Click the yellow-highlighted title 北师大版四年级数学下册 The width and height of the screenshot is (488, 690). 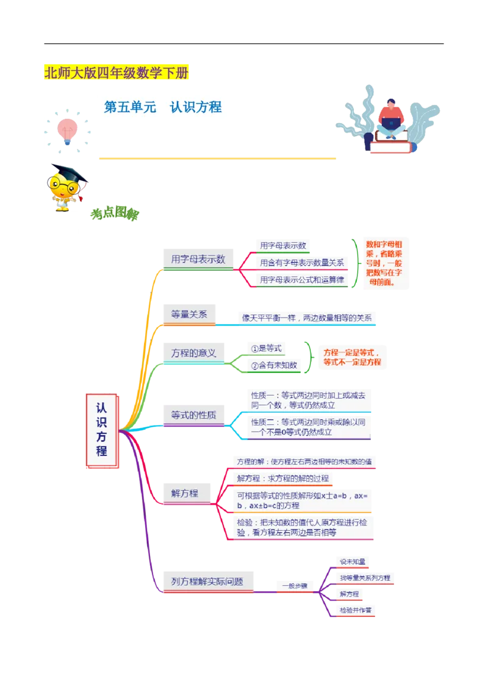click(117, 74)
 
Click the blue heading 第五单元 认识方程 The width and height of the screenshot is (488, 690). click(163, 108)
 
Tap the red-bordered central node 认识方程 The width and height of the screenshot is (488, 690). click(102, 431)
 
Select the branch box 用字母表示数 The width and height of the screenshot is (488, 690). click(198, 259)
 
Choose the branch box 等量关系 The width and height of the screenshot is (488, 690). click(189, 315)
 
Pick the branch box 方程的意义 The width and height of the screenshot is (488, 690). click(193, 353)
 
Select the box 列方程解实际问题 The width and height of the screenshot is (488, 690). click(207, 582)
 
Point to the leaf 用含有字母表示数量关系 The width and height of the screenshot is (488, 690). click(302, 263)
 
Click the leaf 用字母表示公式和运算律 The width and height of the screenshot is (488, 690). click(302, 280)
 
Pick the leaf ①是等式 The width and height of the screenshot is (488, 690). click(266, 348)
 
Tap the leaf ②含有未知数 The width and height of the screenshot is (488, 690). click(274, 365)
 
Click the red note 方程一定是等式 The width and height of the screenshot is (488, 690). click(352, 353)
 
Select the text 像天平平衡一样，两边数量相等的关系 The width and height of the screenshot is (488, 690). click(307, 318)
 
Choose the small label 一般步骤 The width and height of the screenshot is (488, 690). click(295, 586)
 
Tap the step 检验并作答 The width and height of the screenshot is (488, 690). click(357, 610)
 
